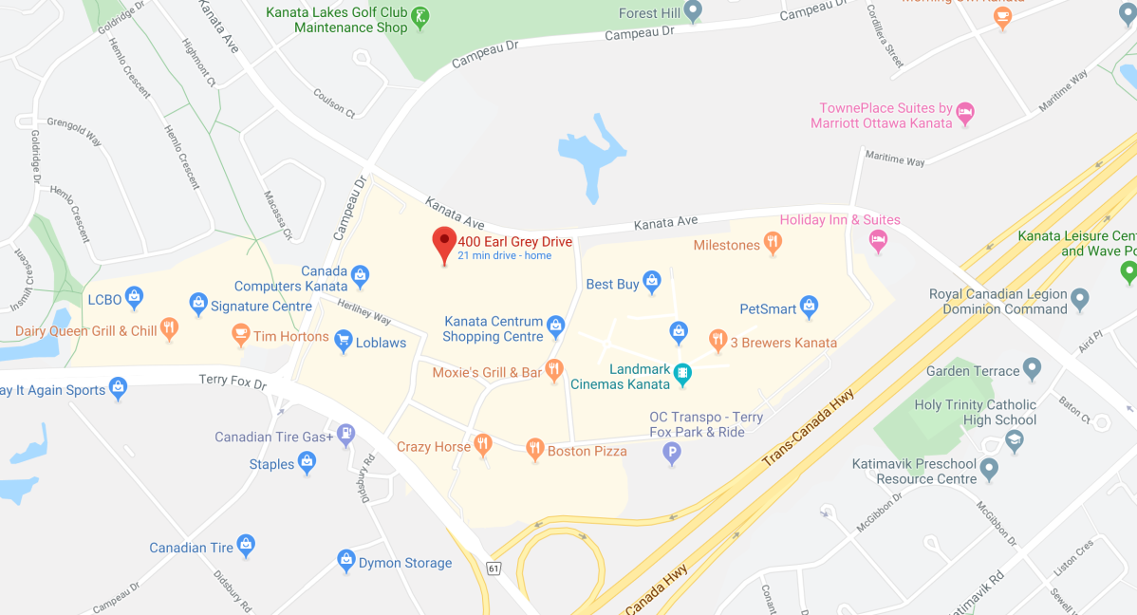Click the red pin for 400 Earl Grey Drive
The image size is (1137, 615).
pyautogui.click(x=443, y=243)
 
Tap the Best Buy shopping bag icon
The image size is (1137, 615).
pyautogui.click(x=651, y=281)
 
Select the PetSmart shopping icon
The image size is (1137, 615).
pyautogui.click(x=809, y=306)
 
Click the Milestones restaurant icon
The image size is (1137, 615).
pyautogui.click(x=773, y=244)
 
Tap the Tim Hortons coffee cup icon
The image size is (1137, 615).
pyautogui.click(x=240, y=334)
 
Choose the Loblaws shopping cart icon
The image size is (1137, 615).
pyautogui.click(x=343, y=341)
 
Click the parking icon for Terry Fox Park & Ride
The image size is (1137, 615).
pyautogui.click(x=672, y=454)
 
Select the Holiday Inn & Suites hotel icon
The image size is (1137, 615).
pyautogui.click(x=878, y=238)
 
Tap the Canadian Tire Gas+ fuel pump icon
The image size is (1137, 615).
pyautogui.click(x=346, y=435)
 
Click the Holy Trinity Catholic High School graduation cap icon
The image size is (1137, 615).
pyautogui.click(x=1015, y=440)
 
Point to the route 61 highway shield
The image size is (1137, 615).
pyautogui.click(x=493, y=568)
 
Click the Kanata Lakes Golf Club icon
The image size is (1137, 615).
pyautogui.click(x=420, y=16)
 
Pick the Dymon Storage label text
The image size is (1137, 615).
pyautogui.click(x=405, y=563)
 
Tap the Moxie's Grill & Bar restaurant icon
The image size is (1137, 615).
pyautogui.click(x=554, y=370)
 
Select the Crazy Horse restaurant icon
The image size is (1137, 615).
pyautogui.click(x=483, y=444)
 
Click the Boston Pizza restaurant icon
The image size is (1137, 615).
pyautogui.click(x=535, y=448)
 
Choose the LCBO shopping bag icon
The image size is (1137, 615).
pyautogui.click(x=134, y=297)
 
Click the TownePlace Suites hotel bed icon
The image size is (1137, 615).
pyautogui.click(x=964, y=113)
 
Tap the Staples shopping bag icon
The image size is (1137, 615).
pyautogui.click(x=307, y=462)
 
